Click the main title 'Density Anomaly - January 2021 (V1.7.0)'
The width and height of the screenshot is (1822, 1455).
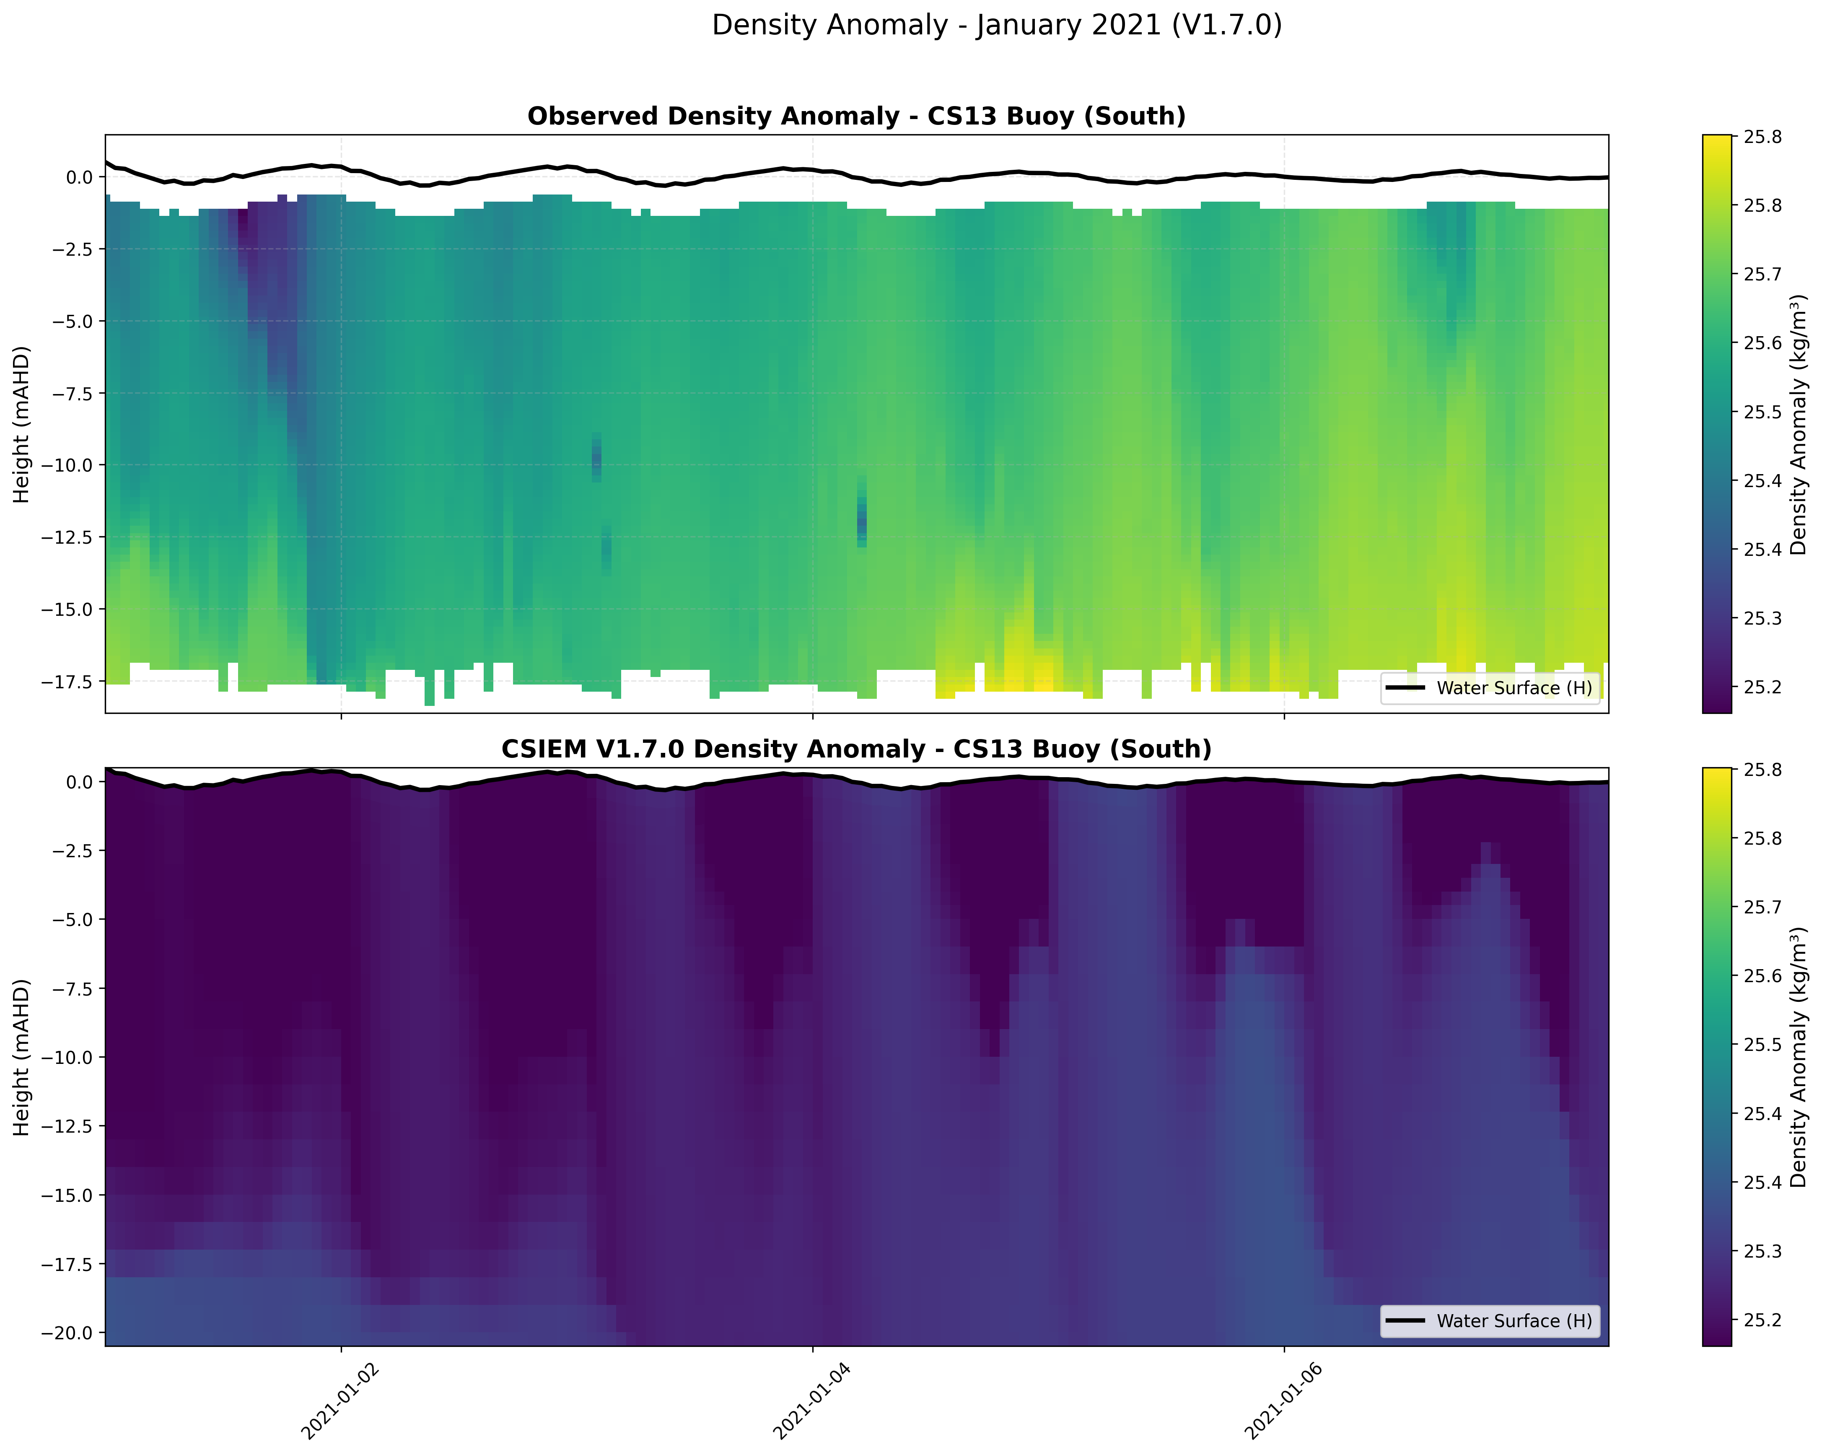pyautogui.click(x=996, y=25)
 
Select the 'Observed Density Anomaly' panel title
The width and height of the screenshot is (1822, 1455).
pyautogui.click(x=856, y=117)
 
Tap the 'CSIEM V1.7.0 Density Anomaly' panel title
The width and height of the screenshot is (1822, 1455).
pyautogui.click(x=856, y=750)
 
